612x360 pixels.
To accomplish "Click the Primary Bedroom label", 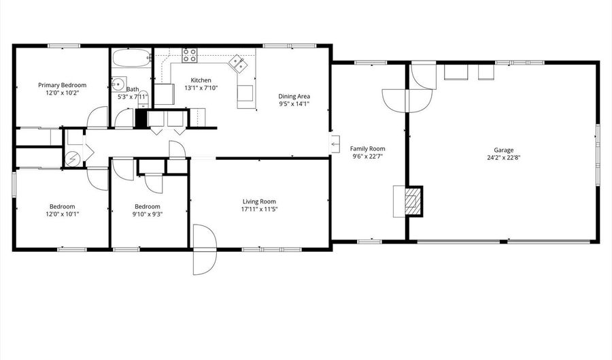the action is coord(62,85).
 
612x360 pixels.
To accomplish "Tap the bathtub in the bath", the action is coord(131,58).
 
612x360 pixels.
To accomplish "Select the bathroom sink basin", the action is coord(118,84).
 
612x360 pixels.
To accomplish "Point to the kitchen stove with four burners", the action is coord(190,55).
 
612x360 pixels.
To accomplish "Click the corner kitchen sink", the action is coord(238,64).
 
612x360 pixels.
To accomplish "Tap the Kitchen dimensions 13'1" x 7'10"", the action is coord(201,88).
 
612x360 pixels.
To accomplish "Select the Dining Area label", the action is coord(294,96).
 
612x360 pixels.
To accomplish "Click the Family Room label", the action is coord(367,148).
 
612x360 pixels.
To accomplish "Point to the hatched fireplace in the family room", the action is coord(412,201).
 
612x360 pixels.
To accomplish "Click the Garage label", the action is coord(503,150).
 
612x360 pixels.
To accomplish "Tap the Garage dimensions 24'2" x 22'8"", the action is coord(503,158).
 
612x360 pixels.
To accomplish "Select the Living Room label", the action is coord(259,201).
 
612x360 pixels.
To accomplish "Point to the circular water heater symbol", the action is coord(73,159).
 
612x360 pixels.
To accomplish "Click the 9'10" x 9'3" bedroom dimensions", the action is coord(148,214).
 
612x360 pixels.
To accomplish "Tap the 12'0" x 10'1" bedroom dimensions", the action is coord(62,214).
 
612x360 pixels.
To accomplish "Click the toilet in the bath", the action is coord(143,102).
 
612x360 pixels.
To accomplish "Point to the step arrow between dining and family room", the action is coord(335,144).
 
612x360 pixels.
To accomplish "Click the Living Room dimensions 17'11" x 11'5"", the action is coord(259,210).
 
